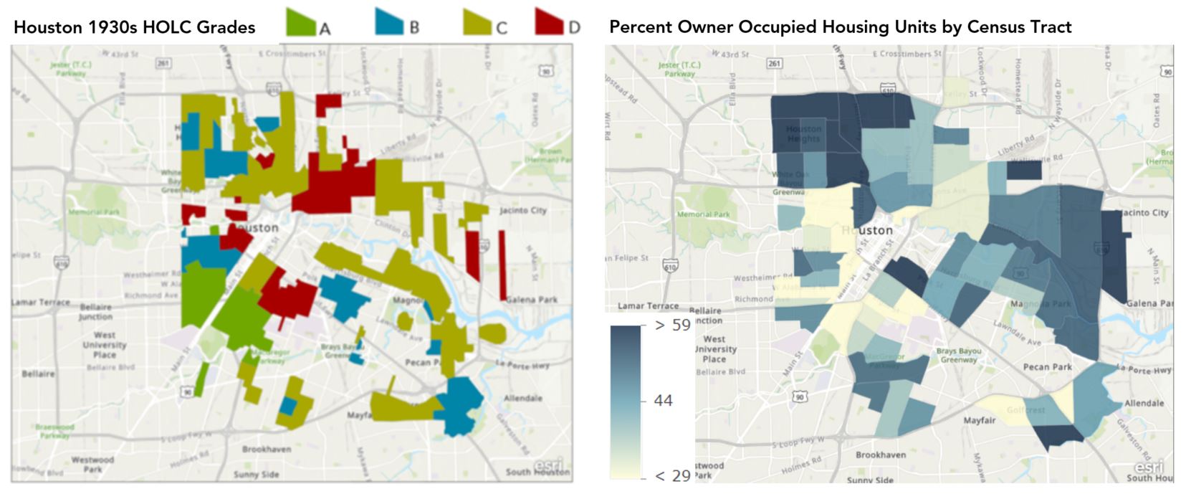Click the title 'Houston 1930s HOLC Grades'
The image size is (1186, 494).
(135, 28)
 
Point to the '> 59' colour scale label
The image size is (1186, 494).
(673, 326)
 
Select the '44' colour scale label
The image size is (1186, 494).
(664, 401)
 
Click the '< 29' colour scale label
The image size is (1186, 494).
(673, 475)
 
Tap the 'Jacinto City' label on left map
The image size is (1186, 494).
(522, 210)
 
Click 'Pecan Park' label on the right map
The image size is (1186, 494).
(1047, 367)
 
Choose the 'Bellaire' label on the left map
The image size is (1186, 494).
(37, 374)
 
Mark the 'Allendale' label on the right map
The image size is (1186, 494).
(1144, 403)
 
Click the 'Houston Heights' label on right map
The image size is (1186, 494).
(803, 134)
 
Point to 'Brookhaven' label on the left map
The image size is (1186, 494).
(266, 450)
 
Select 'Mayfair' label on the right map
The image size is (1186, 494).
(979, 420)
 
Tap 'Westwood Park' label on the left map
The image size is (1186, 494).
(92, 464)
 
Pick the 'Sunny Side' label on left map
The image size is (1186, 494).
(256, 475)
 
